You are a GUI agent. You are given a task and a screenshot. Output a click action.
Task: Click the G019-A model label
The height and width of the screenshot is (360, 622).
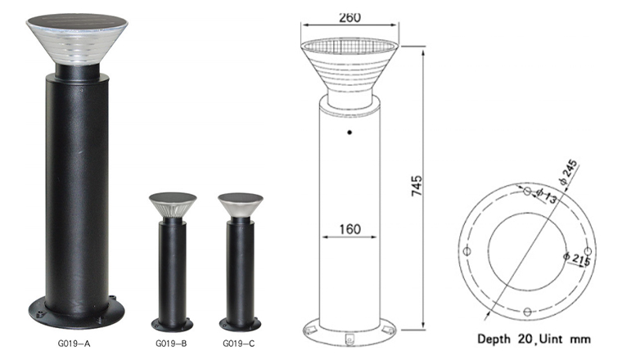74,344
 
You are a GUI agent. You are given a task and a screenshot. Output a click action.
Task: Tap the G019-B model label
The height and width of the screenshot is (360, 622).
171,344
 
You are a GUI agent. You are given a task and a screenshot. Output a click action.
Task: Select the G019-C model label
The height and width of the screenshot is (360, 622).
239,344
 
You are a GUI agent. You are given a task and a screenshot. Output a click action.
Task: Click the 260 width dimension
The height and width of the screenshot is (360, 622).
350,18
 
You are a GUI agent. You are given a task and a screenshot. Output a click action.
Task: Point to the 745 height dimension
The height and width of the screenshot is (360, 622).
417,186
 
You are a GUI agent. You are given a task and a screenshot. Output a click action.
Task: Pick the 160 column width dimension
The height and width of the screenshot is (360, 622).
350,229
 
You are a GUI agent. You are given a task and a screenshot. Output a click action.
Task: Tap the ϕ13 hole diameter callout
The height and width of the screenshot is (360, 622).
547,195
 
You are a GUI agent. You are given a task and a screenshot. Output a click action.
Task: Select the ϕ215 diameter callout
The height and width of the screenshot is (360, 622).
577,259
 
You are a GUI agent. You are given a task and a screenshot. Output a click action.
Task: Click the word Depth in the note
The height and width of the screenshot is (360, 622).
494,340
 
